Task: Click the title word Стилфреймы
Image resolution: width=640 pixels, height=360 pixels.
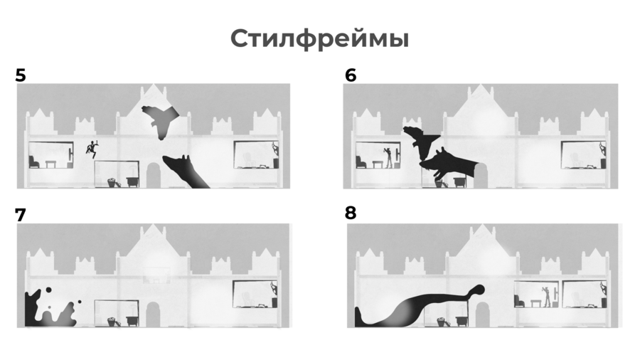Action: [319, 39]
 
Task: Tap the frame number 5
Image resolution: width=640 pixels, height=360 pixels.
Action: [21, 75]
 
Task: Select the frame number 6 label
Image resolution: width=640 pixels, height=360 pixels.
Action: [350, 75]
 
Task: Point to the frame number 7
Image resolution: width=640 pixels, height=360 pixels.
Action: [21, 215]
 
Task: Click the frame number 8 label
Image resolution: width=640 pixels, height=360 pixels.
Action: [350, 213]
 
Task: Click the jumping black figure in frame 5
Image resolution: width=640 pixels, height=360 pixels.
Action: [92, 149]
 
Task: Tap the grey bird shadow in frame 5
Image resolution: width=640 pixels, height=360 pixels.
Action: [160, 121]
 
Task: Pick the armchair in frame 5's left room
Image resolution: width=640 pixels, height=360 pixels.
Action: [34, 162]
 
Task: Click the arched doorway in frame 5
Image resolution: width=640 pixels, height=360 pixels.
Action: [154, 176]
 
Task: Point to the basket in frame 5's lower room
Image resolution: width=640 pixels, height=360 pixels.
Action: [112, 182]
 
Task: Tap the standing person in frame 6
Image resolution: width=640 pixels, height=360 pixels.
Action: [388, 157]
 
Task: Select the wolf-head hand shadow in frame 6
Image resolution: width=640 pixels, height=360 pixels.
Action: [451, 165]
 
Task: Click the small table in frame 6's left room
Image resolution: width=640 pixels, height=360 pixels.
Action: [377, 164]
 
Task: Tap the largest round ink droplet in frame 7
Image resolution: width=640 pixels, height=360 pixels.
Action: [48, 290]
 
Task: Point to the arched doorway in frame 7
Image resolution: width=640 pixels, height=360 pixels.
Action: [153, 314]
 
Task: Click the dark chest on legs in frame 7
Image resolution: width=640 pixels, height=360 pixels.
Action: [132, 320]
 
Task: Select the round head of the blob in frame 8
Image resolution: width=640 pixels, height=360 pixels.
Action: [478, 290]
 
